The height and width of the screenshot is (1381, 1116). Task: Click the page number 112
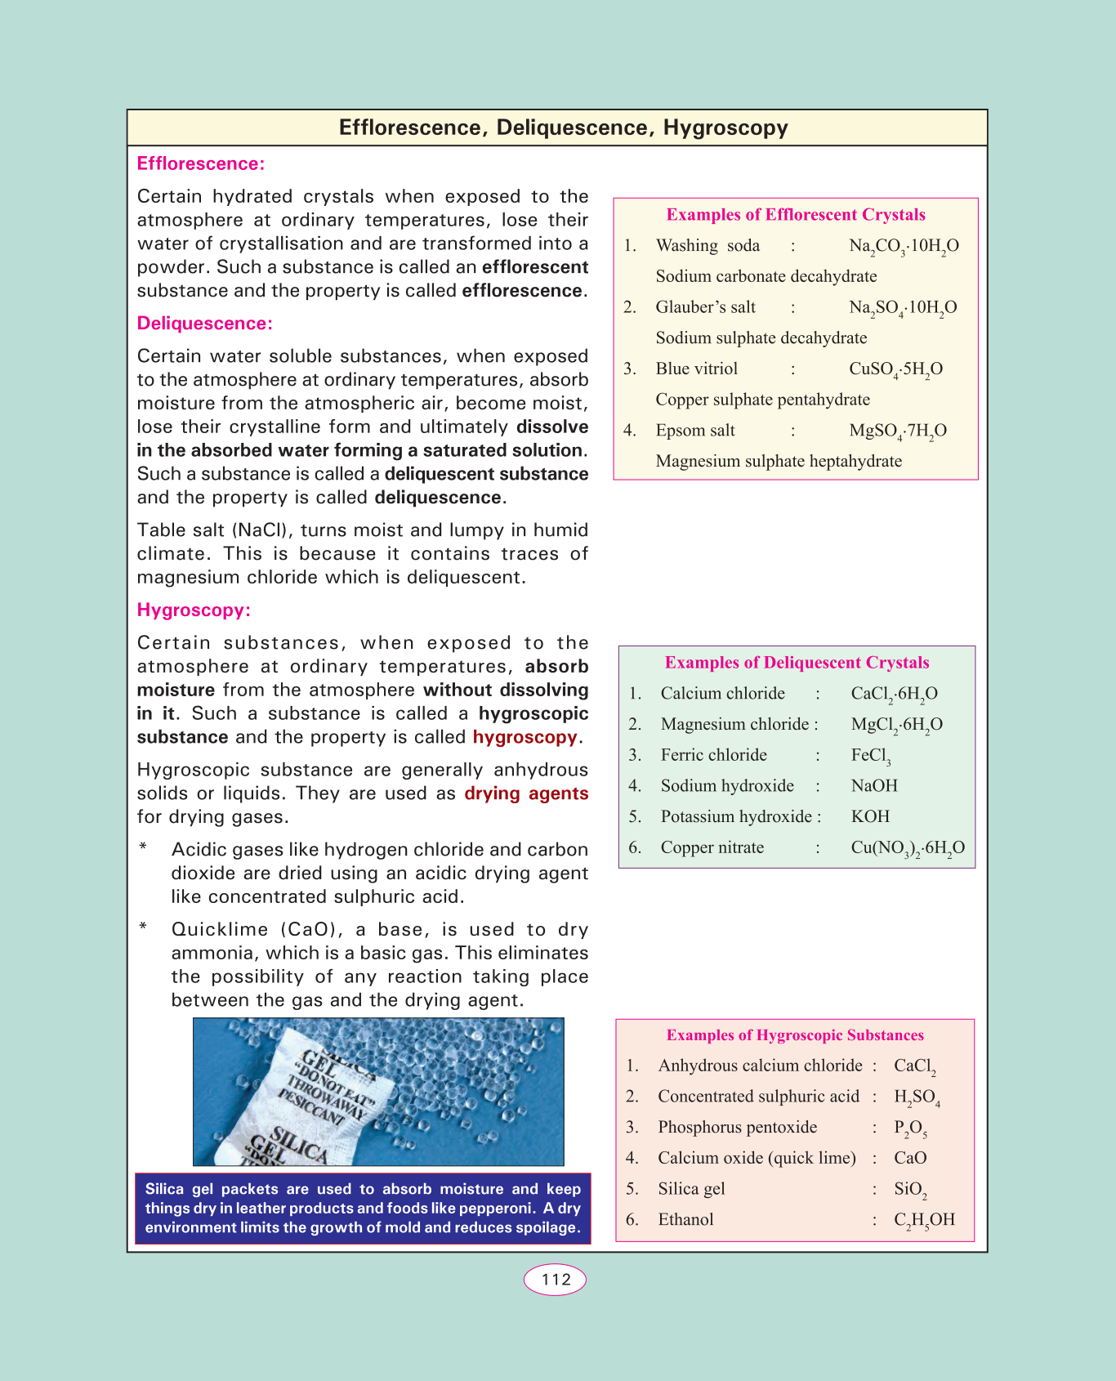(x=556, y=1280)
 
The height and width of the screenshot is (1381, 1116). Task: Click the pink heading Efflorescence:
(x=201, y=163)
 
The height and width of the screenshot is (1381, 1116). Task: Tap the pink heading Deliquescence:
(x=204, y=324)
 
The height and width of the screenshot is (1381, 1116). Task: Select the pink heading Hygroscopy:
(x=194, y=610)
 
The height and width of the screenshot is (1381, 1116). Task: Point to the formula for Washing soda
(x=904, y=246)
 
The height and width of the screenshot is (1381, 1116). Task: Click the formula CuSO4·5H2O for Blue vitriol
(x=895, y=369)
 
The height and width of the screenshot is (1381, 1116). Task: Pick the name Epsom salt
(x=695, y=431)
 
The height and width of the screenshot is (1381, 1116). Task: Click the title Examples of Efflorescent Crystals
(x=796, y=215)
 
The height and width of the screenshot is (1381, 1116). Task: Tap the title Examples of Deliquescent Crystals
(x=797, y=663)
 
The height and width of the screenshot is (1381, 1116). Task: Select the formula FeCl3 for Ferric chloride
(x=871, y=756)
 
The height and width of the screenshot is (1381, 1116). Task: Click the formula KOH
(x=870, y=817)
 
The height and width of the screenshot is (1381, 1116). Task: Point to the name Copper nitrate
(x=712, y=847)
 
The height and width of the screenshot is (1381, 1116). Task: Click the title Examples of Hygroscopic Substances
(x=795, y=1035)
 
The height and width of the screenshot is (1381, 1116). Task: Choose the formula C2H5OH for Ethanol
(x=924, y=1220)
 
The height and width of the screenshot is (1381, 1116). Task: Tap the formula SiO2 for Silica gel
(x=910, y=1190)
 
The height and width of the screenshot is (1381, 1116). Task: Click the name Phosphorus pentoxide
(x=737, y=1128)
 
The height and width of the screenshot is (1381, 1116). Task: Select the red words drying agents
(x=526, y=793)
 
